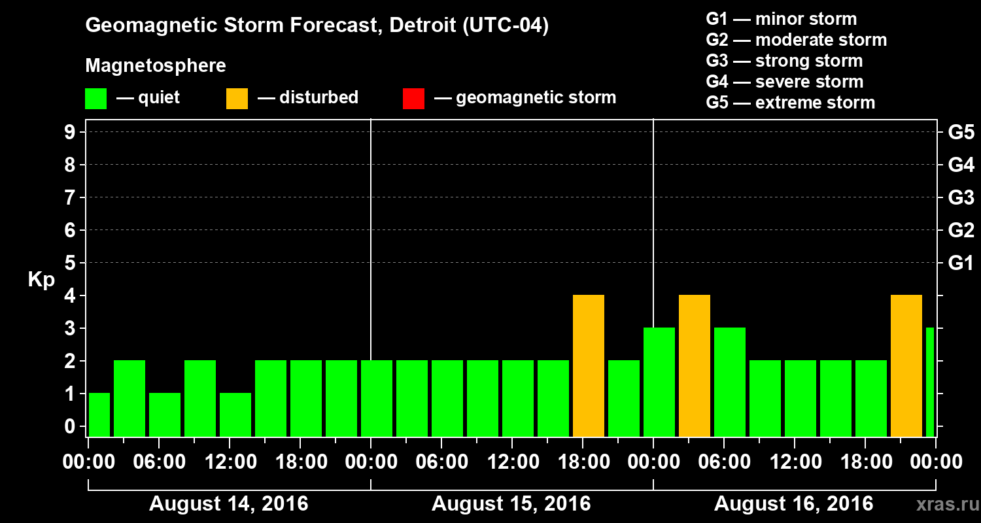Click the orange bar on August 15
pos(588,366)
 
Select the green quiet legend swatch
pos(95,98)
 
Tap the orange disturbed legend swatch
pos(237,98)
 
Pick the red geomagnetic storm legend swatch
pos(413,98)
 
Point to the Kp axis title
pos(41,280)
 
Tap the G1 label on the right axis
pos(961,263)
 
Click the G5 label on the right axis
pos(961,133)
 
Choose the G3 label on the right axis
pos(961,198)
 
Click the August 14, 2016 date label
pos(229,504)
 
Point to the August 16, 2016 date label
pos(793,504)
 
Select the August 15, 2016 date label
pos(511,504)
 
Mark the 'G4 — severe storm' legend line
pos(784,82)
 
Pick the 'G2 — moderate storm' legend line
pos(796,40)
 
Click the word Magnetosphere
pos(156,66)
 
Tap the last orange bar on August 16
pos(906,366)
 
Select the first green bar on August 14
pos(99,415)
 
